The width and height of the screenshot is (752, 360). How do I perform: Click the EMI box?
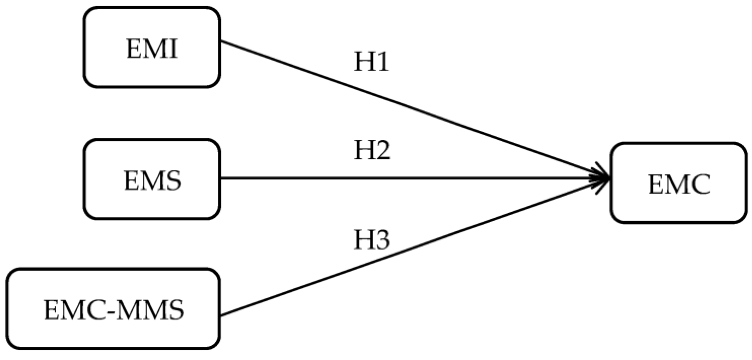pos(152,47)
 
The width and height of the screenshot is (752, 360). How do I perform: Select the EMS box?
pos(152,179)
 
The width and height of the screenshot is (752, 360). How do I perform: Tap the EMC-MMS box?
pos(113,309)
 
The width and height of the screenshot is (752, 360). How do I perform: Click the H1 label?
pos(371,62)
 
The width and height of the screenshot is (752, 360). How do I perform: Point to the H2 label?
pos(372,151)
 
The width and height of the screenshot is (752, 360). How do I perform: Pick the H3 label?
pos(371,240)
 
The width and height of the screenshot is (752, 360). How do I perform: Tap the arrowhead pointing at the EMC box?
pos(602,178)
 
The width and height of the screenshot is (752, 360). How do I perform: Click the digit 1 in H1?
pos(382,62)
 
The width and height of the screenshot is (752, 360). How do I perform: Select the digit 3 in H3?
pos(382,240)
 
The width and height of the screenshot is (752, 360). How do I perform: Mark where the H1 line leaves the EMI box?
pos(221,41)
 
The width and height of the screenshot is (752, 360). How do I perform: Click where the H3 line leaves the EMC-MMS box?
pos(221,315)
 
